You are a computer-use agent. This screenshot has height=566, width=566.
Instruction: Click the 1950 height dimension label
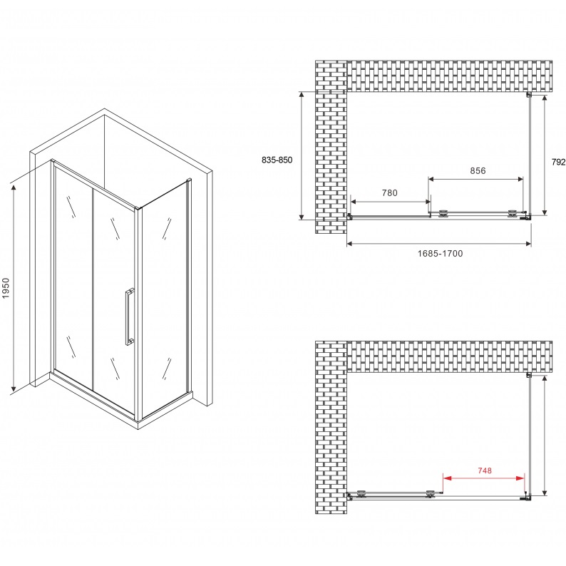click(6, 288)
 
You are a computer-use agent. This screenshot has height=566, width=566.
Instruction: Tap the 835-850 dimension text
click(277, 160)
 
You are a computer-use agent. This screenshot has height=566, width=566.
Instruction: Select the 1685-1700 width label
click(440, 253)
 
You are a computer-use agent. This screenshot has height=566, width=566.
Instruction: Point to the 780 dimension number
click(389, 192)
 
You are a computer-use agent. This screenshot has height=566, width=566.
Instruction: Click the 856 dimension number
click(478, 170)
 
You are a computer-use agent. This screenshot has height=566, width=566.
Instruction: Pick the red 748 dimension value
click(485, 470)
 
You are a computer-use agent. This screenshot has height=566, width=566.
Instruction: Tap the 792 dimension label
click(558, 162)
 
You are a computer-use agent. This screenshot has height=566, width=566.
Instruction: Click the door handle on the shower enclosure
click(130, 317)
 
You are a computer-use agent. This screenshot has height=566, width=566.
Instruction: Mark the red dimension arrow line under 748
click(484, 478)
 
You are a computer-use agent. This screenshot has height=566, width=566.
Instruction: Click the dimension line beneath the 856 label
click(475, 179)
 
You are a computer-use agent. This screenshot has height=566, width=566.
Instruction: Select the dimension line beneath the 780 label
click(391, 202)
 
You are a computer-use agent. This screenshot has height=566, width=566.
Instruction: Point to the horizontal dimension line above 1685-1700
click(439, 244)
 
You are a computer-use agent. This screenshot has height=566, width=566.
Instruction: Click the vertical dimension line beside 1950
click(14, 288)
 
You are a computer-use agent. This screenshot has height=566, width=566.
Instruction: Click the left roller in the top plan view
click(443, 215)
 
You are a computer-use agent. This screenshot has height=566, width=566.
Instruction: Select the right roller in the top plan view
click(513, 214)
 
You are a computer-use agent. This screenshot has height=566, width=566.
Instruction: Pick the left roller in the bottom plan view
click(361, 493)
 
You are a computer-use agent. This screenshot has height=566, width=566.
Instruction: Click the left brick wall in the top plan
click(331, 147)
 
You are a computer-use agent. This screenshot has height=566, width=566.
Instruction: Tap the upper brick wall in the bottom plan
click(449, 356)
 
